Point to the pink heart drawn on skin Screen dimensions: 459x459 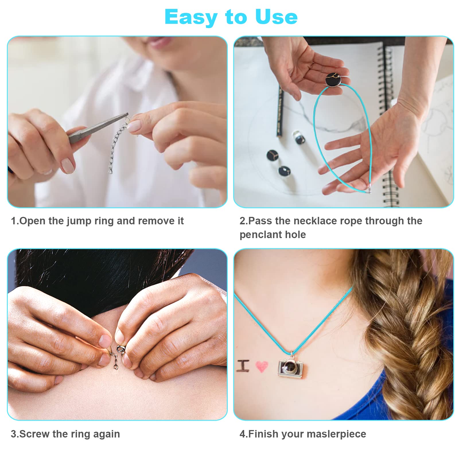(x=261, y=366)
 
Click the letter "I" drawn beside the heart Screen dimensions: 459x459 (x=243, y=366)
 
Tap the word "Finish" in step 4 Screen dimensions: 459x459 (x=263, y=434)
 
